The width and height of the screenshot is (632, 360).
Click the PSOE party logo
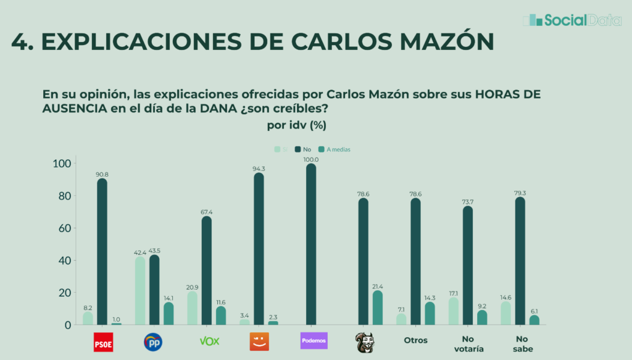pyautogui.click(x=102, y=341)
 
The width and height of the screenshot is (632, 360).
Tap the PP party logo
pyautogui.click(x=153, y=341)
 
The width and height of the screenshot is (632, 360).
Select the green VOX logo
pyautogui.click(x=209, y=341)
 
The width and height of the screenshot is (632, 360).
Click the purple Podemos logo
pyautogui.click(x=314, y=341)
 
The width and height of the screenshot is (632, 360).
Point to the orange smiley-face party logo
pyautogui.click(x=259, y=341)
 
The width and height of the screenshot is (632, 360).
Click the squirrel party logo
pyautogui.click(x=364, y=341)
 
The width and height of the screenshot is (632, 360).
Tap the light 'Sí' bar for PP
pyautogui.click(x=140, y=291)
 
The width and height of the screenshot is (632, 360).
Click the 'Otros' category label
pyautogui.click(x=416, y=340)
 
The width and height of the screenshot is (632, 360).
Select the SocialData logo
pyautogui.click(x=572, y=20)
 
